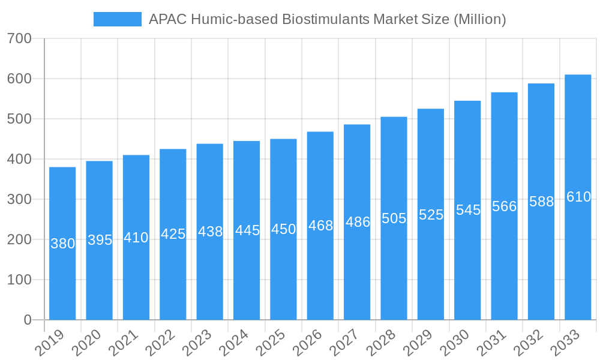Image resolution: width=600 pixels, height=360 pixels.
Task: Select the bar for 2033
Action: (578, 258)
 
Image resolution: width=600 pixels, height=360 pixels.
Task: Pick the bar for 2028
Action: (394, 270)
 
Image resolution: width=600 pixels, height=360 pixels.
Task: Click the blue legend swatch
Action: (118, 19)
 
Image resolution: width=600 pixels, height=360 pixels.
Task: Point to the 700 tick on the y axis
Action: (20, 38)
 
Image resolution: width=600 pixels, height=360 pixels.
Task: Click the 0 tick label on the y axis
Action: (28, 320)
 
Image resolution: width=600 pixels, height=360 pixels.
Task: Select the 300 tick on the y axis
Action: (20, 199)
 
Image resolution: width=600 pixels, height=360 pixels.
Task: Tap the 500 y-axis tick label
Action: (20, 119)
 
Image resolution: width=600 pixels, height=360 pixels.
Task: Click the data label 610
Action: (578, 197)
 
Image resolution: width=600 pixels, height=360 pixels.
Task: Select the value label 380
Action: (62, 244)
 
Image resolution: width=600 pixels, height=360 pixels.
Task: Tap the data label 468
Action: (320, 226)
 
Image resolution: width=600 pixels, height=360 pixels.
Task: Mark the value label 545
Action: (468, 210)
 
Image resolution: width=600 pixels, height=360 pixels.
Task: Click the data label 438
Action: (210, 232)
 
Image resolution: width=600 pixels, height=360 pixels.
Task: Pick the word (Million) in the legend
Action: (479, 19)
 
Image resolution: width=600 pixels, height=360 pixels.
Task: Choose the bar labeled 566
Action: (504, 270)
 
